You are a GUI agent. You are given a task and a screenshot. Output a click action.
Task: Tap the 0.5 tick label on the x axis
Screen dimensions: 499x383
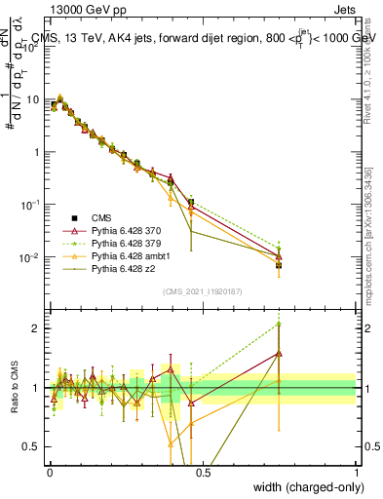click(x=203, y=472)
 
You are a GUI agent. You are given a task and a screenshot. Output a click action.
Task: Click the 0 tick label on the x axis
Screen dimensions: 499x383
click(x=49, y=472)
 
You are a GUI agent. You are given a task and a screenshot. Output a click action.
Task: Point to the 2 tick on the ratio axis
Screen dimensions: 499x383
click(x=38, y=328)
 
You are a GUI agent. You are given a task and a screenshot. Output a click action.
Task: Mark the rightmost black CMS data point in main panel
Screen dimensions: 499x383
click(x=279, y=265)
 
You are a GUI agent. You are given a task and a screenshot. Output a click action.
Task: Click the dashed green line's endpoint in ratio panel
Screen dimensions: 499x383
click(x=279, y=323)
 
